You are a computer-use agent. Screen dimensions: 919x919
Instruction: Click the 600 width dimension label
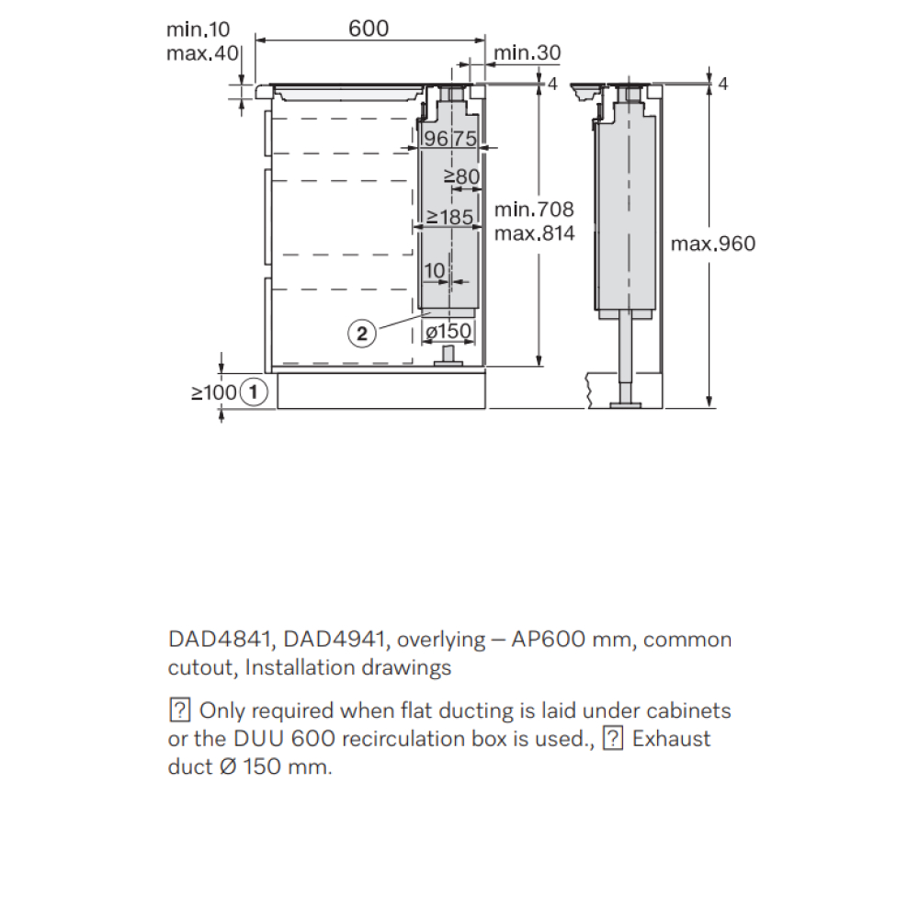369,28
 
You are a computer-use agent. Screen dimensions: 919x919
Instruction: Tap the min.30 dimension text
527,52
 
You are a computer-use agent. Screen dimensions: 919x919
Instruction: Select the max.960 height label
713,244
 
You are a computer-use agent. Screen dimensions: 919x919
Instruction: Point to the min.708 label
534,210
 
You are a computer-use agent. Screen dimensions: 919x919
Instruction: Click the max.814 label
534,233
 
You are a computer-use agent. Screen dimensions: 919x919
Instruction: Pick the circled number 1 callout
254,391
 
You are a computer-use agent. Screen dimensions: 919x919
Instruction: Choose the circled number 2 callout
361,334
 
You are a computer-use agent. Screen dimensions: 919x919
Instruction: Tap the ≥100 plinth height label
214,392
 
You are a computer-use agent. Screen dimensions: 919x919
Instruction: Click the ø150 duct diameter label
448,331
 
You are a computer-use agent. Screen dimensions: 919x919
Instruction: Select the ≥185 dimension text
449,217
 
